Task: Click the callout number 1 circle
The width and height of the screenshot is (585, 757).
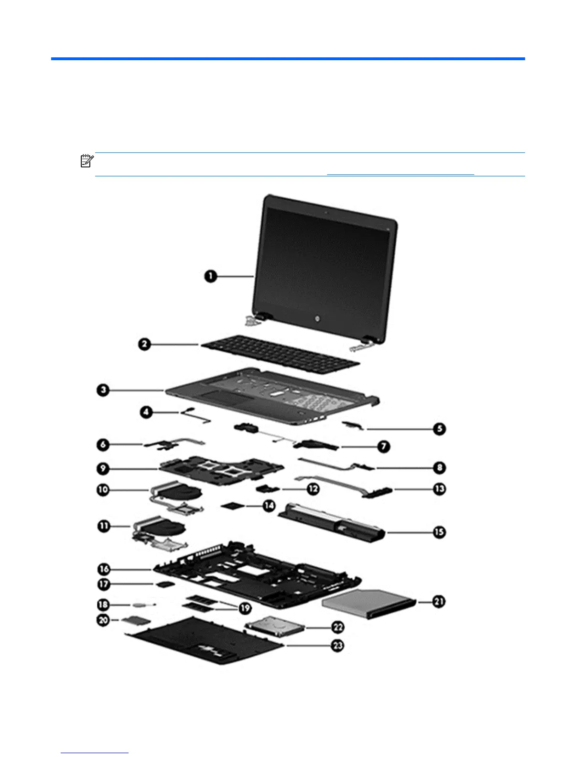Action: tap(210, 276)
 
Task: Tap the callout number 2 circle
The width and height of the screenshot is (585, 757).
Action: tap(145, 344)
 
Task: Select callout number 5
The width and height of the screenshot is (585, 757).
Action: tap(439, 429)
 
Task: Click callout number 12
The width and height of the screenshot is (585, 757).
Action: tap(313, 489)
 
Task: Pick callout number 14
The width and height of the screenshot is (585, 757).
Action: tap(269, 505)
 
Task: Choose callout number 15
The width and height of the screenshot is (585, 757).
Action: tap(439, 532)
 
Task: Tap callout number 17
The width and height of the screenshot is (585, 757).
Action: tap(104, 584)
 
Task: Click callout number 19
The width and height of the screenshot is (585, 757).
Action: tap(245, 608)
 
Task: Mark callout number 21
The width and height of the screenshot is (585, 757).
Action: tap(439, 602)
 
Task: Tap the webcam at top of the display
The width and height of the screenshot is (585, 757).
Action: tap(325, 211)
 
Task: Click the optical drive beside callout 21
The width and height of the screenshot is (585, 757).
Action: tap(367, 601)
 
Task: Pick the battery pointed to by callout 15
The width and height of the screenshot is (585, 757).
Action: tap(335, 521)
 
